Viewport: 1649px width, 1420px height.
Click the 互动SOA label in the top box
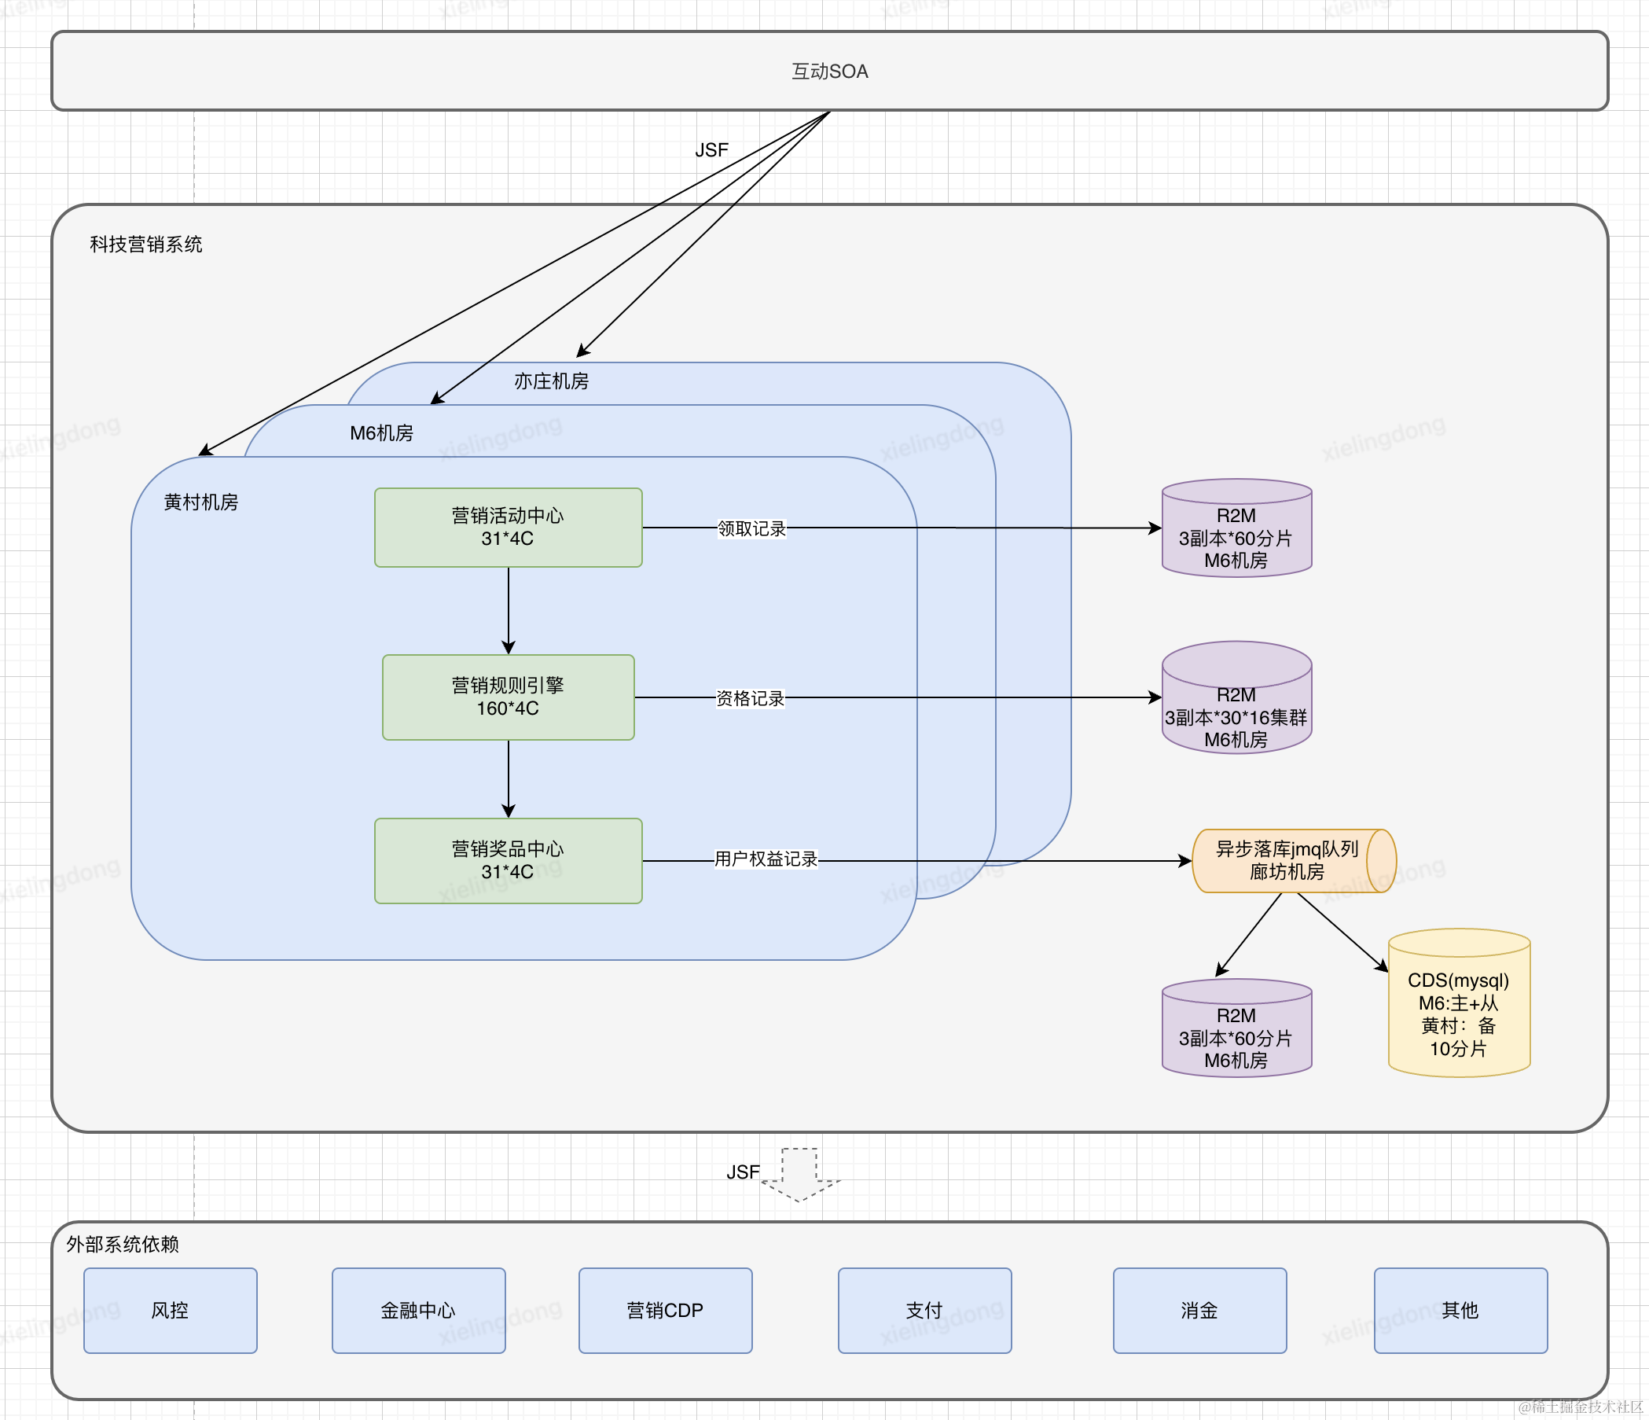point(829,72)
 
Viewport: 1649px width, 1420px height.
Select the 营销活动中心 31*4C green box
point(509,527)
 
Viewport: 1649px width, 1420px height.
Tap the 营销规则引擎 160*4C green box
point(509,697)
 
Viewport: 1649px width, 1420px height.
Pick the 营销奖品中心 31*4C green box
point(509,860)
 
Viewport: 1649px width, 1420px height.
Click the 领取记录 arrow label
point(751,528)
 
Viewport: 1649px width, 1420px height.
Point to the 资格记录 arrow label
point(751,698)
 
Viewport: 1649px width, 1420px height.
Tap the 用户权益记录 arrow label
point(766,859)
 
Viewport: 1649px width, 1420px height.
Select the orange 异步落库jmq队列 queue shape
point(1294,860)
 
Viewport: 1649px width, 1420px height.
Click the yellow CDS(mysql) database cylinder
point(1459,1003)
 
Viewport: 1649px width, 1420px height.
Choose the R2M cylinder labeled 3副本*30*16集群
point(1237,697)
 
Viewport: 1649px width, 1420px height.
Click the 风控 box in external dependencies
point(171,1310)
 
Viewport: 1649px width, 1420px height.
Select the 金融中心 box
point(419,1310)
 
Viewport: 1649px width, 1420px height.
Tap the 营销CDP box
point(665,1310)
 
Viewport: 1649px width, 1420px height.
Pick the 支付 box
point(925,1310)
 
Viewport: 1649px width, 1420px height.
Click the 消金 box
point(1199,1310)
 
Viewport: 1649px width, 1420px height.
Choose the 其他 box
point(1460,1310)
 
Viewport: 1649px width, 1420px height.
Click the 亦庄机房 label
point(552,381)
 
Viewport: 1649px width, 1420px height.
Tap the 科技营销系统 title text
point(146,245)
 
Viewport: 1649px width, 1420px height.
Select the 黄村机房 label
point(201,502)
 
